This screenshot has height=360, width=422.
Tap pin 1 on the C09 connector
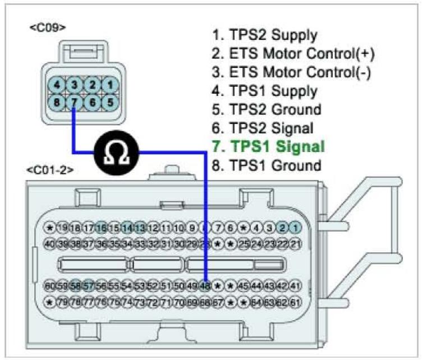point(112,85)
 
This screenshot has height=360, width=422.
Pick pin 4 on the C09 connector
point(58,85)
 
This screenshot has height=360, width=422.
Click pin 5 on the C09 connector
point(112,103)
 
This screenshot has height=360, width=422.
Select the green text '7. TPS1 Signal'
point(268,147)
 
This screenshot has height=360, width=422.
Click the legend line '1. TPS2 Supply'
point(264,35)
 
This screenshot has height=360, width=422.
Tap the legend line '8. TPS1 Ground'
point(266,166)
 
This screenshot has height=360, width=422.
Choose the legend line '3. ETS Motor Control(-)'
point(291,72)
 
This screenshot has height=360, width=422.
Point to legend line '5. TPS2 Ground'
point(266,109)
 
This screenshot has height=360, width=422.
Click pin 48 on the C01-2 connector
point(206,286)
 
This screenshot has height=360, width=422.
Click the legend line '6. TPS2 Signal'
point(262,128)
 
